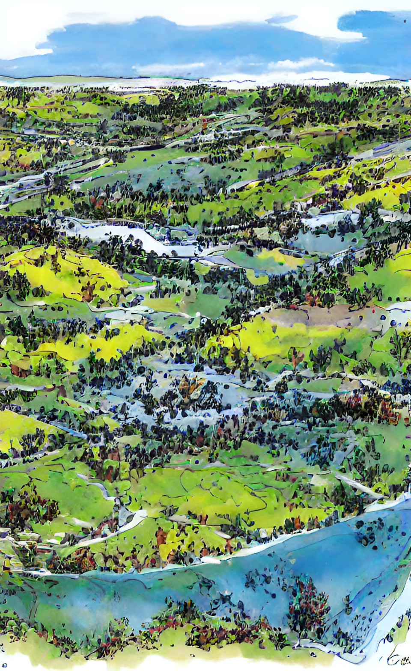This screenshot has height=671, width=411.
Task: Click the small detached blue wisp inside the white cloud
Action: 280,19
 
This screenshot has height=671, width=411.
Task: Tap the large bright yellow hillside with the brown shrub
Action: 64,274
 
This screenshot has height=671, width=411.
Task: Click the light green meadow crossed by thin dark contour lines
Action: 214,488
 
